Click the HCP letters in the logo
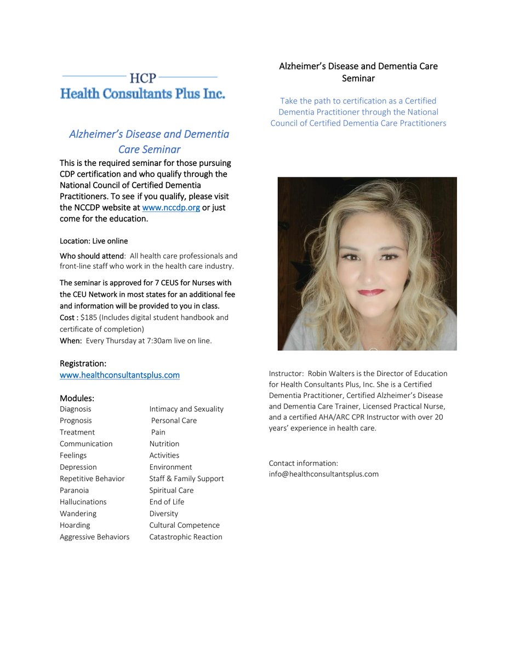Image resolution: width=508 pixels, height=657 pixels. pos(143,78)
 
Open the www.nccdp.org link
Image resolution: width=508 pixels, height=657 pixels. pos(170,208)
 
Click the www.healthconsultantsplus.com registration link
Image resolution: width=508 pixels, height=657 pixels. pos(119,375)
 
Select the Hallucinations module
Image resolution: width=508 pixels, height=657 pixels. pos(83,502)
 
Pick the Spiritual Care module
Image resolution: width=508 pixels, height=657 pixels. pos(171,491)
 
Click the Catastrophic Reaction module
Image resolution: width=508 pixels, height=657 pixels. pos(185,537)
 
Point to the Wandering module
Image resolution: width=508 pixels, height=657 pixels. pos(78,514)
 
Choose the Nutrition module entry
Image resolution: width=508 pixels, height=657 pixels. pos(164,444)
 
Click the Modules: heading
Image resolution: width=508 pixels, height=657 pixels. pos(77,397)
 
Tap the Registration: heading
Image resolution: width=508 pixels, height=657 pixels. pos(83,364)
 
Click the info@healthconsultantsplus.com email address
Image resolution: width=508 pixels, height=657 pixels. pos(323,474)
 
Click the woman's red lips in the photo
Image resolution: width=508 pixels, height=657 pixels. pos(371,293)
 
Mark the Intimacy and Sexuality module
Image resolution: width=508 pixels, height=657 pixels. pos(186,409)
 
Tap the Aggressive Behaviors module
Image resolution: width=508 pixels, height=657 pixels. pos(94,537)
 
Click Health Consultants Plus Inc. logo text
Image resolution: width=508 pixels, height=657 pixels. pos(142,94)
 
